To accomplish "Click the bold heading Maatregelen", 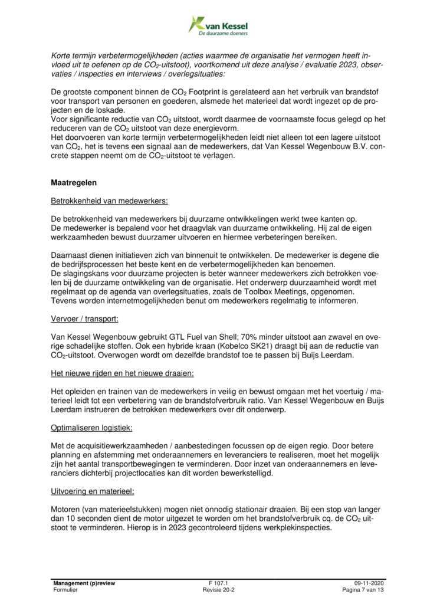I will pyautogui.click(x=75, y=183).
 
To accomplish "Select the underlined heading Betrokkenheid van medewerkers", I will pyautogui.click(x=109, y=201).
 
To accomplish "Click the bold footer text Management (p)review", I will pyautogui.click(x=84, y=583).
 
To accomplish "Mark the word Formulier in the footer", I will pyautogui.click(x=65, y=590).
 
